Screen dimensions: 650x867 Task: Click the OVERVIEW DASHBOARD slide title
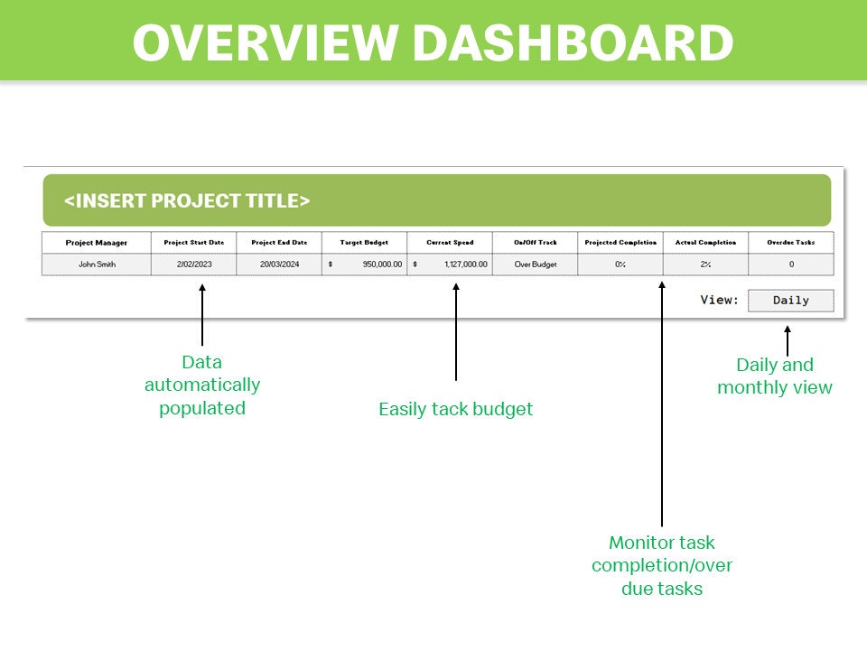(x=433, y=42)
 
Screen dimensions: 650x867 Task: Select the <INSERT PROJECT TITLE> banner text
(x=187, y=200)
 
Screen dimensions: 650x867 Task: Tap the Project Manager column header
(x=97, y=243)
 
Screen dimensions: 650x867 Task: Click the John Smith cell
(x=97, y=265)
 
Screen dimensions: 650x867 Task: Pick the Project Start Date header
(x=193, y=243)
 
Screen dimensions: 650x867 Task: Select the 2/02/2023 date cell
(x=193, y=265)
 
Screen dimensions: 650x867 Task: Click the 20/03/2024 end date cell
(x=279, y=265)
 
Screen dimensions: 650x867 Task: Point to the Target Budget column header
(x=364, y=243)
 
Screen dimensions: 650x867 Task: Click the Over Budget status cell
(x=535, y=265)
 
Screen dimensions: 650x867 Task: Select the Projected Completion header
(x=620, y=243)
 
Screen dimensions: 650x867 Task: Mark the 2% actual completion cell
(x=705, y=265)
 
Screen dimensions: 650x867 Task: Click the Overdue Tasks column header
(x=790, y=243)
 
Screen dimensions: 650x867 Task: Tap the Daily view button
(x=791, y=301)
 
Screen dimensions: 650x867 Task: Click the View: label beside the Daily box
(x=720, y=301)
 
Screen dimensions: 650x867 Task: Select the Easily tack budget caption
(x=455, y=409)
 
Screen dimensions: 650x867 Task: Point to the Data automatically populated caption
(x=202, y=385)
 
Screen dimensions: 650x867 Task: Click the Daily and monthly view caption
(x=775, y=376)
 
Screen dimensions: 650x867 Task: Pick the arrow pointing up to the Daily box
(x=787, y=340)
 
